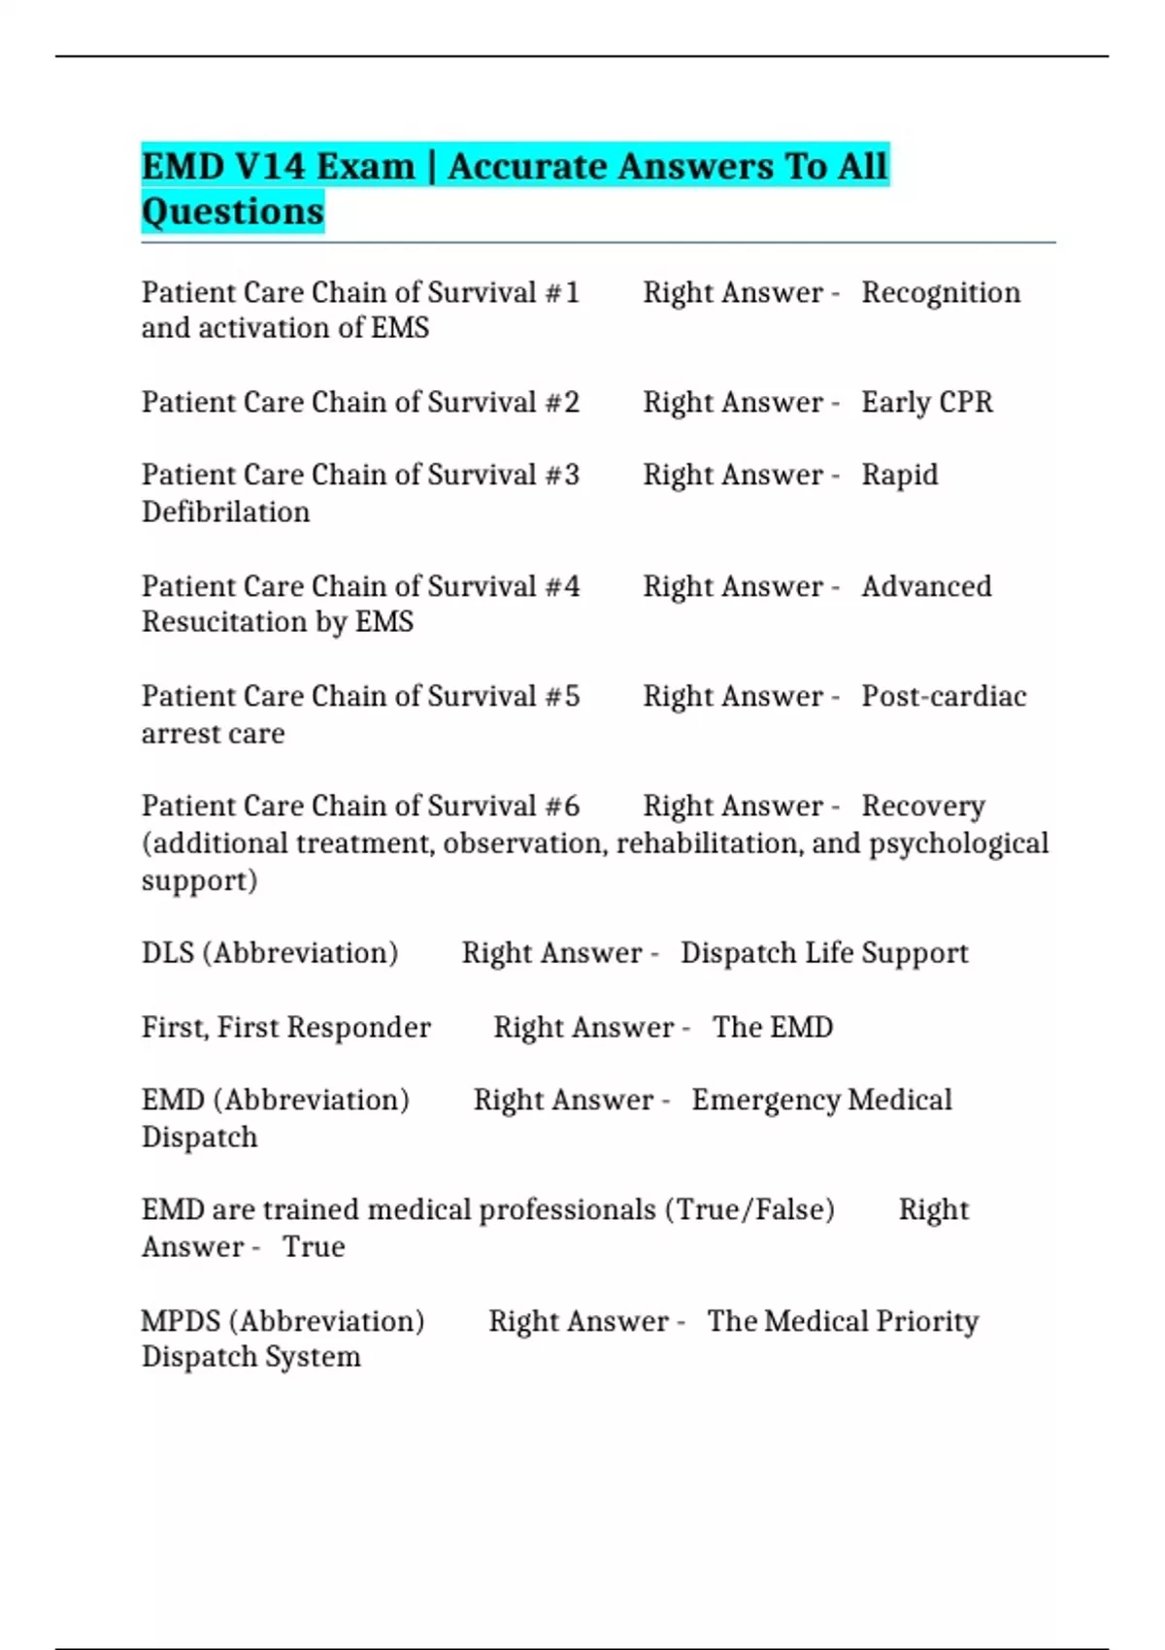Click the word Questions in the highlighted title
233,212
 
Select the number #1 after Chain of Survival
562,293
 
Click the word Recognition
941,293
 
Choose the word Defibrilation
225,512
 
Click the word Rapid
900,476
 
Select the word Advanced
926,587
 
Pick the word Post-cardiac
944,697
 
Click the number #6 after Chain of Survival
562,807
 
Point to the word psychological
958,844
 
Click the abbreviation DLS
168,953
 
